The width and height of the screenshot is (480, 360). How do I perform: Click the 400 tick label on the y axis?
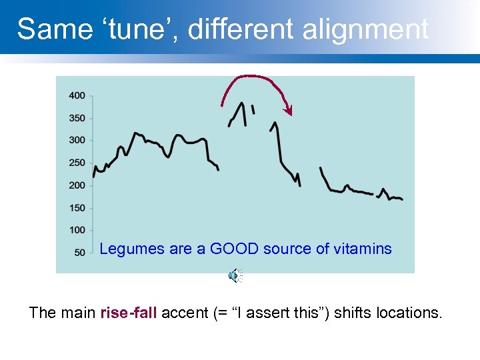77,96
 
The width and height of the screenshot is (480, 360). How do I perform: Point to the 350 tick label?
77,119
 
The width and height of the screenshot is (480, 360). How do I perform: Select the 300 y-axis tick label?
77,141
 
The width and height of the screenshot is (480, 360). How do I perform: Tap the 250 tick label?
77,163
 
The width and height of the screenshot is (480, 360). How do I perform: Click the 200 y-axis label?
77,186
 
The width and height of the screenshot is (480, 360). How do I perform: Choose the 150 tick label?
77,208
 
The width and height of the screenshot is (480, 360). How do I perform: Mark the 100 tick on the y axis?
77,231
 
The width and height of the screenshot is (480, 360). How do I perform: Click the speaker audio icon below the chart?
235,275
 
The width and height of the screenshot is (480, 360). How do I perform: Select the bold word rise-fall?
129,313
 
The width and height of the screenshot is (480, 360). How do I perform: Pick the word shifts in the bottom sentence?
353,313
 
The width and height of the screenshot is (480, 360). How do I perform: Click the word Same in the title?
45,29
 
